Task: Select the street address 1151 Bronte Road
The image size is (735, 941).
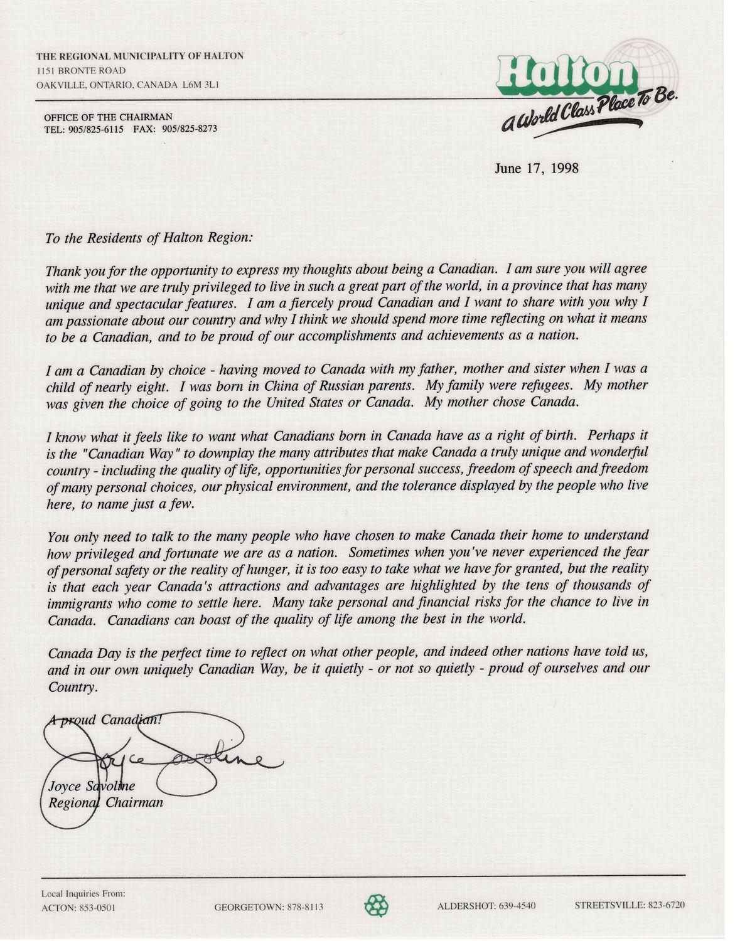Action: (81, 70)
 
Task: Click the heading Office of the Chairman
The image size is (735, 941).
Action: (108, 117)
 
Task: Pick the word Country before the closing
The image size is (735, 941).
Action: (72, 687)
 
